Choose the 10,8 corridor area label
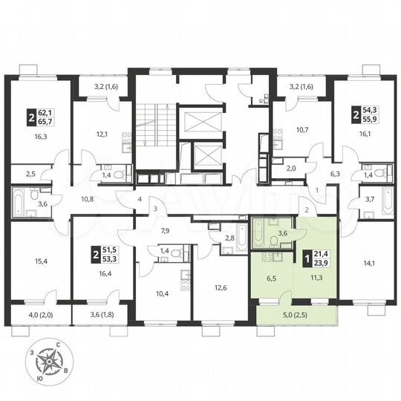[87, 199]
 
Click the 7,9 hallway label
[166, 230]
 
